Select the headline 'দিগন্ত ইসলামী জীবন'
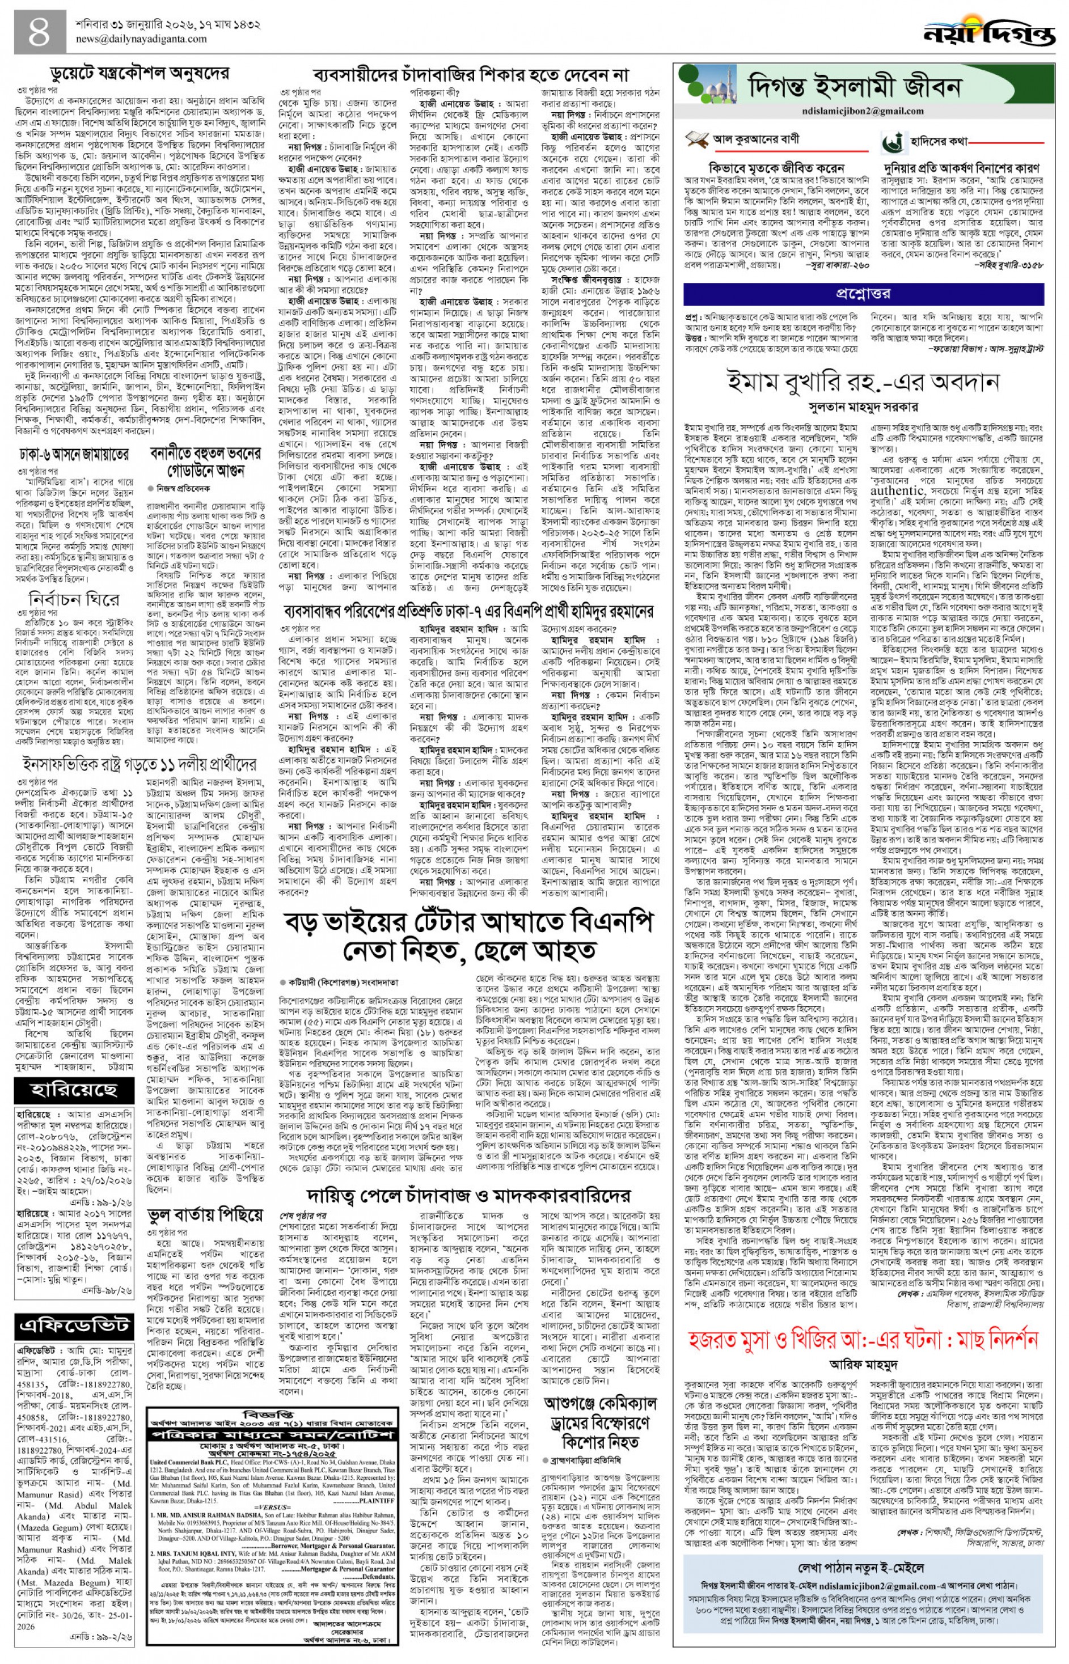coord(855,88)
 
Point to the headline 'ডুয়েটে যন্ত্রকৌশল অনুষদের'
coord(140,73)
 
